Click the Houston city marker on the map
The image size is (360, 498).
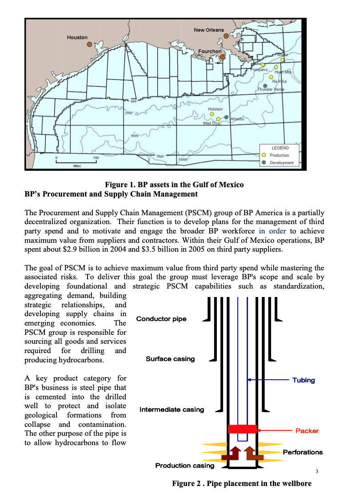pyautogui.click(x=89, y=44)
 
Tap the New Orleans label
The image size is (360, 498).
pyautogui.click(x=209, y=30)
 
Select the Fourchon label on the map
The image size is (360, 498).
pyautogui.click(x=209, y=52)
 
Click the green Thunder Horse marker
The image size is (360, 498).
pyautogui.click(x=265, y=85)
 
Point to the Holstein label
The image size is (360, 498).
pyautogui.click(x=216, y=109)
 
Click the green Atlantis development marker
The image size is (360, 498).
pyautogui.click(x=227, y=117)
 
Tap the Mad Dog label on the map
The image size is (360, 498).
pyautogui.click(x=211, y=123)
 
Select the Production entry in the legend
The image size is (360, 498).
pyautogui.click(x=279, y=155)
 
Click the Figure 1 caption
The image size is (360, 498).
pyautogui.click(x=174, y=185)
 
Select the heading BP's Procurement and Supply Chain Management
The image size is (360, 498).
pyautogui.click(x=111, y=194)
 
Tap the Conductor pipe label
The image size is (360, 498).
pyautogui.click(x=161, y=319)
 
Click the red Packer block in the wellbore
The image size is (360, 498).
pyautogui.click(x=242, y=429)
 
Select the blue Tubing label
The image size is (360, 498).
pyautogui.click(x=304, y=380)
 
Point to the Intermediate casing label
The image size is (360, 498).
pyautogui.click(x=172, y=410)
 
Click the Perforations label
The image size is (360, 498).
pyautogui.click(x=303, y=452)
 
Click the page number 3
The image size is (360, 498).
pyautogui.click(x=316, y=471)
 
